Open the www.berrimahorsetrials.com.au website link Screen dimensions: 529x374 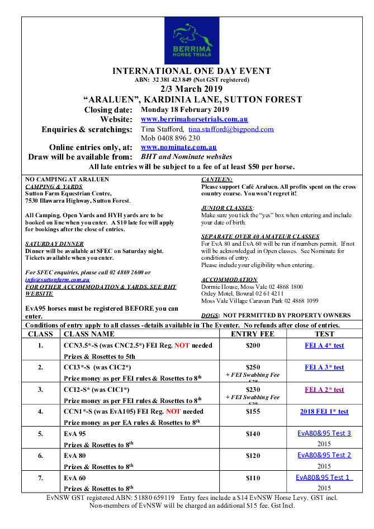(x=194, y=119)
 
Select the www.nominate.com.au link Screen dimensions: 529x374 (x=178, y=147)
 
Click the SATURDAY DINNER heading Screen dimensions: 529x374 (x=55, y=244)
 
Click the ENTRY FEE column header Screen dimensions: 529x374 (x=252, y=334)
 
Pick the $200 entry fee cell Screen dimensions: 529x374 (x=253, y=346)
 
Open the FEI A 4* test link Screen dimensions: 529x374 (x=324, y=345)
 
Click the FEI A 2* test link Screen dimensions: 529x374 (x=324, y=390)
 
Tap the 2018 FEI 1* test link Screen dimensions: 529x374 (x=324, y=411)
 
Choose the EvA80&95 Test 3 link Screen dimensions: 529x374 (x=324, y=433)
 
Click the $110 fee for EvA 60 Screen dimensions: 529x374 (x=253, y=477)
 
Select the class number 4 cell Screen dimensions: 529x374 (x=40, y=411)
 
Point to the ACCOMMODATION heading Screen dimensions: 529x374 (x=229, y=279)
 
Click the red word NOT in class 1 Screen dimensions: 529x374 (x=182, y=346)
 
